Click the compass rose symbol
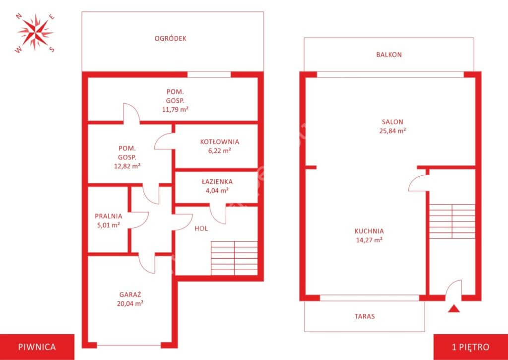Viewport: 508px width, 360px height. click(35, 32)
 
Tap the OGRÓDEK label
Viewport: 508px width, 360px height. click(171, 38)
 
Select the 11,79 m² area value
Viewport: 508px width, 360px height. click(175, 109)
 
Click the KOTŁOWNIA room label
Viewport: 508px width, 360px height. click(220, 142)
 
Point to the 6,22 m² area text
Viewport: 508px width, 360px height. click(219, 150)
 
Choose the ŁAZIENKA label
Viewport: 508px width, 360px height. click(217, 182)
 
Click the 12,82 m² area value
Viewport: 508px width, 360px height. click(127, 166)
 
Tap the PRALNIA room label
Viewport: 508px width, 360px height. click(109, 216)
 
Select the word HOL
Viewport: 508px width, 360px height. click(201, 228)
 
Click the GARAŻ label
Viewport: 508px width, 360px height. click(130, 294)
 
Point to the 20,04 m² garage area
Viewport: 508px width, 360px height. click(130, 303)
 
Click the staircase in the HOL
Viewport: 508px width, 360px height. click(234, 258)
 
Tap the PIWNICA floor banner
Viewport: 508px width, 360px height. click(37, 347)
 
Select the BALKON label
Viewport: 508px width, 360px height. click(389, 55)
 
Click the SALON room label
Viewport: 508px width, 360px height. click(392, 122)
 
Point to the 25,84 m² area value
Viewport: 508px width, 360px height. click(393, 131)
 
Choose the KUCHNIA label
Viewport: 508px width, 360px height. click(369, 231)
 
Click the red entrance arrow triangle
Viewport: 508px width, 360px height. click(454, 309)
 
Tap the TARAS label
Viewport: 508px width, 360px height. click(365, 316)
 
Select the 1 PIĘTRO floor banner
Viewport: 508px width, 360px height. click(471, 347)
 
